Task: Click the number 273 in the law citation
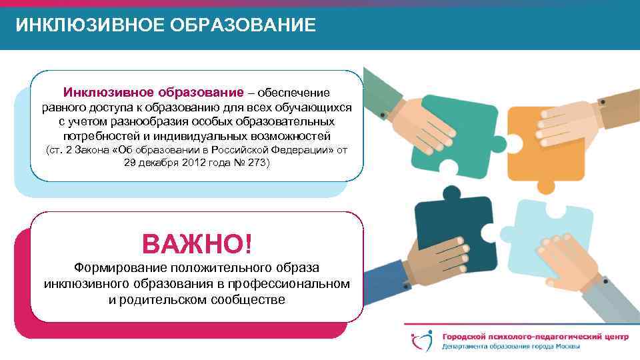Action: (255, 163)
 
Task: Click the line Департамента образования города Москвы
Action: (510, 347)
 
